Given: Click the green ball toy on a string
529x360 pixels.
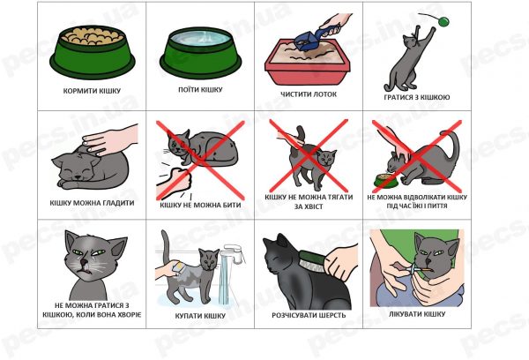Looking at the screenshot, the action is tap(443, 22).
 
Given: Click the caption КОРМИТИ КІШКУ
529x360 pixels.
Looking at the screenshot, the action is tap(92, 91).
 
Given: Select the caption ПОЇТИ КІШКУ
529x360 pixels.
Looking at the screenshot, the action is tap(200, 89).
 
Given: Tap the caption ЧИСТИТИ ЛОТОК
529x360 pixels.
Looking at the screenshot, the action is tap(309, 94).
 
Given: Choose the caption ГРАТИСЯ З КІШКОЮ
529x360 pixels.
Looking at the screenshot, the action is tap(417, 97).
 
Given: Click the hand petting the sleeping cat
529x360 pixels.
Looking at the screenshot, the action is tap(109, 141).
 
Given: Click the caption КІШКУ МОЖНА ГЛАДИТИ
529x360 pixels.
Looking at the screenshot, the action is tap(92, 203).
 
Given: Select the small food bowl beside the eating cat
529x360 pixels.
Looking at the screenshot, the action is tap(386, 180).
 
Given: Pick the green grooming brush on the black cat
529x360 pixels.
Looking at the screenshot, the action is tap(312, 261).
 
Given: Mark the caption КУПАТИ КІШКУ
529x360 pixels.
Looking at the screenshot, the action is tap(200, 316).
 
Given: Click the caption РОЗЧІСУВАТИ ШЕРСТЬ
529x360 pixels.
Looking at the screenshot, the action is tap(309, 315).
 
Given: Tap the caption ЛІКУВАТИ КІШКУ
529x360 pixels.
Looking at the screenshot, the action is tap(417, 314).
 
